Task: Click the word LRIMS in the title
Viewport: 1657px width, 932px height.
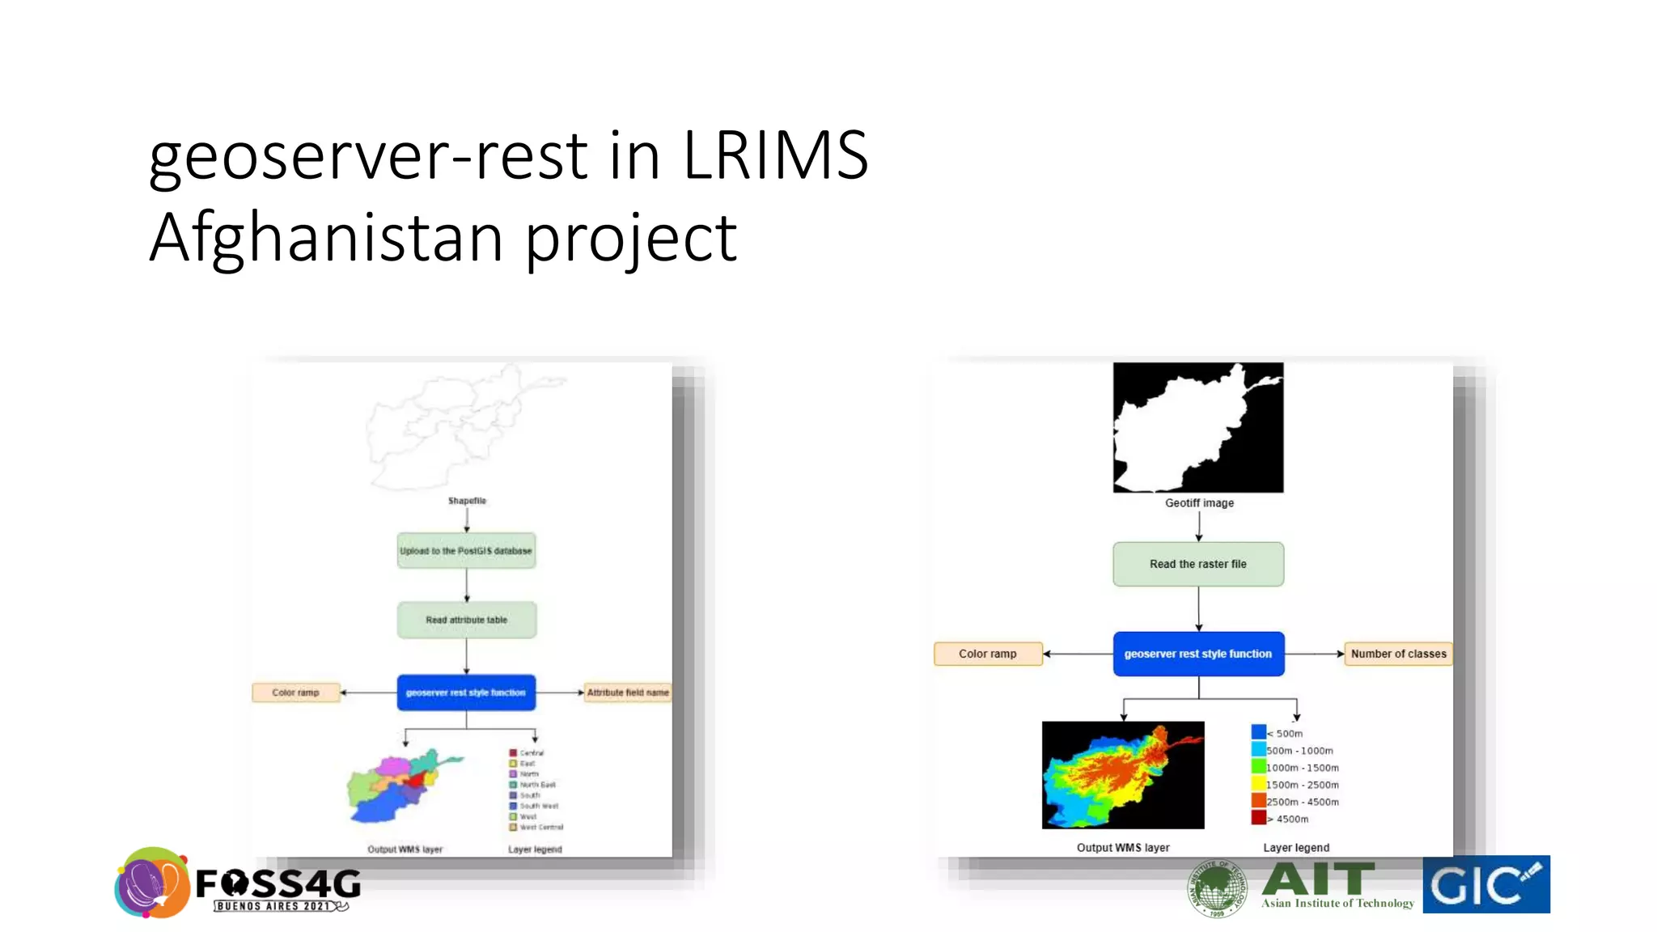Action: [775, 155]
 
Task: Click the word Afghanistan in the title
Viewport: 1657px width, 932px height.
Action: [326, 238]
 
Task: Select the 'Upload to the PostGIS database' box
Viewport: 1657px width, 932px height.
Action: [466, 551]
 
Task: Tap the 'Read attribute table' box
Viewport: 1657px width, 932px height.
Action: [466, 620]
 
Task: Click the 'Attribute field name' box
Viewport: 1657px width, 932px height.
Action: [627, 693]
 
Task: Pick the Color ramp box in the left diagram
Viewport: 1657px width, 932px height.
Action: [295, 693]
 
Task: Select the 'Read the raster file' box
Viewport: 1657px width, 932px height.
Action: [1197, 564]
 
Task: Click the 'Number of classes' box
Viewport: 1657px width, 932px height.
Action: [1397, 654]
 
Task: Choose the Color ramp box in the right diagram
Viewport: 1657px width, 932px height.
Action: [987, 654]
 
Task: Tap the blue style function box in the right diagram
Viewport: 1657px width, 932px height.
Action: [1197, 654]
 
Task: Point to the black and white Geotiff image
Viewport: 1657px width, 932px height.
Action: [1197, 427]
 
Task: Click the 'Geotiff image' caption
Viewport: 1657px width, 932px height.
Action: [1199, 503]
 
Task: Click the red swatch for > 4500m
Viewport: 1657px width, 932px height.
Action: [1258, 818]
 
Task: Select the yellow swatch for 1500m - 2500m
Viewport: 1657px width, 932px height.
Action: [1258, 784]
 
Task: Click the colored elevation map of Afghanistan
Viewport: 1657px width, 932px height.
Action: [1122, 774]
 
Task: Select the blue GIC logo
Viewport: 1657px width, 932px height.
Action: [1485, 884]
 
